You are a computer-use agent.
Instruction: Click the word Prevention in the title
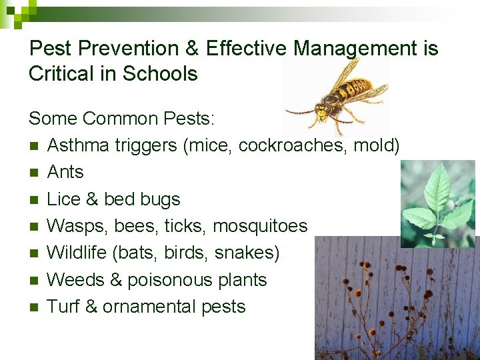coord(127,49)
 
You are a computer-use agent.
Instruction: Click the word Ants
coord(65,172)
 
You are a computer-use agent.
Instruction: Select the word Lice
coord(64,199)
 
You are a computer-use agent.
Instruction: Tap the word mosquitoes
coord(260,226)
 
